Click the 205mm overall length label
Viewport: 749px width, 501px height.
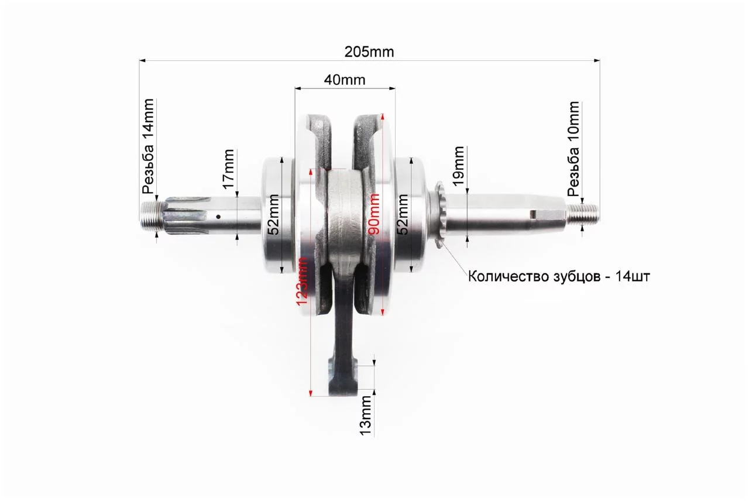point(369,52)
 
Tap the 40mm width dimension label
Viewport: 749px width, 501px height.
point(345,80)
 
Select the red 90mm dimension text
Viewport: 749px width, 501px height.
point(373,214)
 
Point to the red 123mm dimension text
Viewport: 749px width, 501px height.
point(303,281)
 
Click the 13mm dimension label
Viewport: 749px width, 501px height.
point(366,416)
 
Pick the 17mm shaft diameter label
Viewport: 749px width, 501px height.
point(229,169)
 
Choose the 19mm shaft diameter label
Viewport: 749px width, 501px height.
point(458,166)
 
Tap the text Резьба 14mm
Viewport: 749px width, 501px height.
point(148,146)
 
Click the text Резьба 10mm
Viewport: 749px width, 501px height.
point(573,149)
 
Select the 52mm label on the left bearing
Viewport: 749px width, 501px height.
point(273,214)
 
